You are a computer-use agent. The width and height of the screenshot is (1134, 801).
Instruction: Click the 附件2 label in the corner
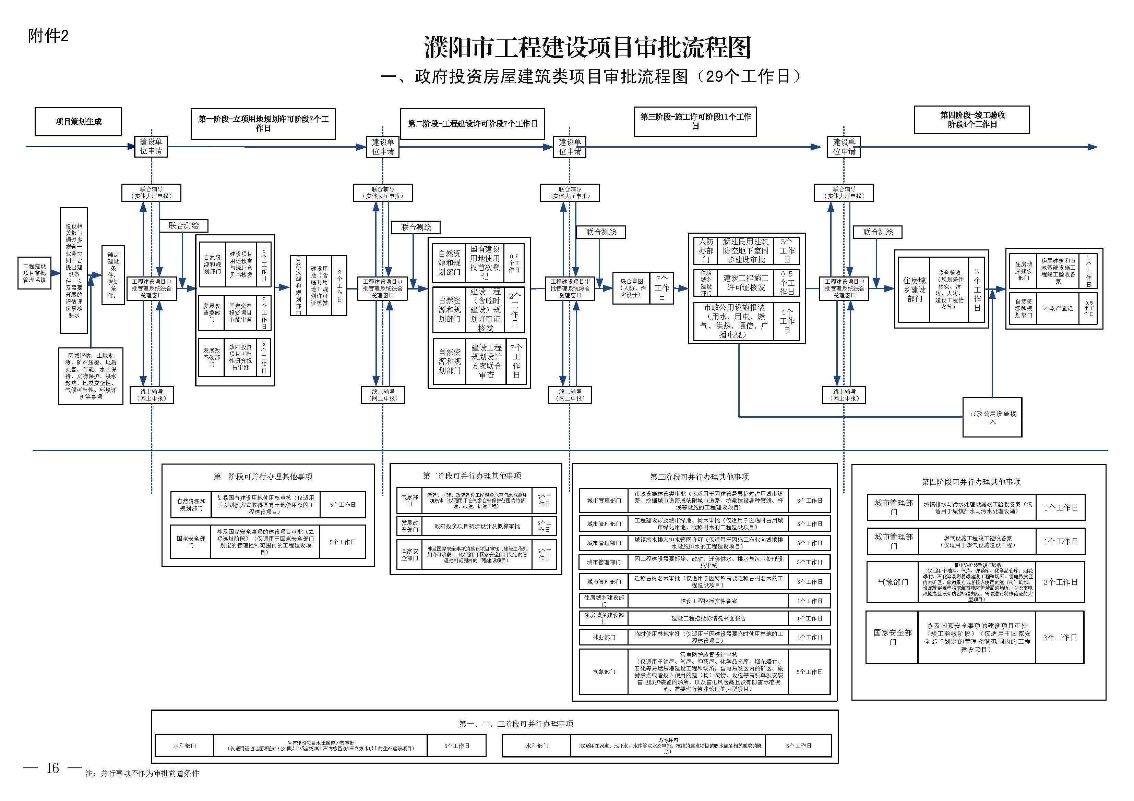[x=48, y=36]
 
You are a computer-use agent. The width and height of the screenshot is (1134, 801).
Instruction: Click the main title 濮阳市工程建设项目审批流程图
[x=587, y=48]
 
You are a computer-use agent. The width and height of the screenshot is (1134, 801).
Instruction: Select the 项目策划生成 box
[x=78, y=121]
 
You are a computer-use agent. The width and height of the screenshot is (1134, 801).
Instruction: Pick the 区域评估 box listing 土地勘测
[x=91, y=376]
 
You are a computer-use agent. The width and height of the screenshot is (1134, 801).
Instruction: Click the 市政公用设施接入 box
[x=992, y=417]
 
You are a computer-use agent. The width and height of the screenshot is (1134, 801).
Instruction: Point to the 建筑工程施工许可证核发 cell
[x=745, y=283]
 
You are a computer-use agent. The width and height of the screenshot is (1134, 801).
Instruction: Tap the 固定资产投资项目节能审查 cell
[x=240, y=313]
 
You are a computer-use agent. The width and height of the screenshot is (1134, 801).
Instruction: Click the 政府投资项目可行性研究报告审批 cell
[x=240, y=357]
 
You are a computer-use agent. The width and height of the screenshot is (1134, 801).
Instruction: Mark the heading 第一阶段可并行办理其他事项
[x=263, y=476]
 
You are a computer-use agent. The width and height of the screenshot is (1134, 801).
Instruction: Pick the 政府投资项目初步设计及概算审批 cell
[x=477, y=526]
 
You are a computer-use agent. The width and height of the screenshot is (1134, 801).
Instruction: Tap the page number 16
[x=52, y=768]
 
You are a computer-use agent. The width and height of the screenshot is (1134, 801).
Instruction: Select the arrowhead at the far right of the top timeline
[x=1092, y=147]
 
